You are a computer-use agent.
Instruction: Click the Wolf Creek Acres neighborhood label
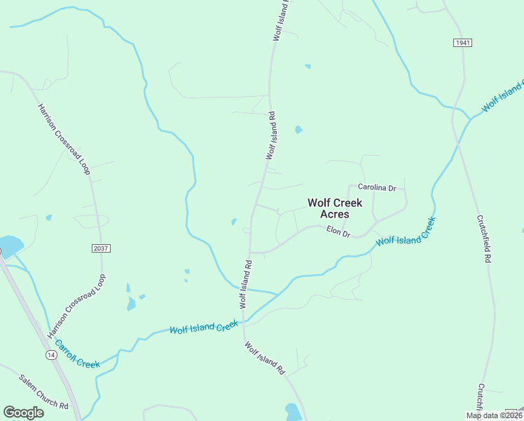coord(335,208)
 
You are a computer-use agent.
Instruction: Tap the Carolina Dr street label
coord(377,188)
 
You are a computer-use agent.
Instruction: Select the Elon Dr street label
coord(338,232)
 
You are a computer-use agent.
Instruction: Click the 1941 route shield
coord(462,43)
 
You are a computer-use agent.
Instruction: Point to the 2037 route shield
coord(101,248)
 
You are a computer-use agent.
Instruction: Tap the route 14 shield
coord(50,356)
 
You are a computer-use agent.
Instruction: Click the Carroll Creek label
coord(77,354)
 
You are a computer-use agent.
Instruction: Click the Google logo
coord(23,413)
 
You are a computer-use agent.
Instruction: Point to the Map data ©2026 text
coord(494,415)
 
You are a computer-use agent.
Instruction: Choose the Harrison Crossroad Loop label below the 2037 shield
coord(77,307)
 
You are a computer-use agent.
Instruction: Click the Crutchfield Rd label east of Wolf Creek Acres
coord(483,239)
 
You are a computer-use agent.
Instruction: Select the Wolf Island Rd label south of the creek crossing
coord(266,358)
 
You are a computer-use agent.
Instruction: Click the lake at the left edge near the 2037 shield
coord(10,246)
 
